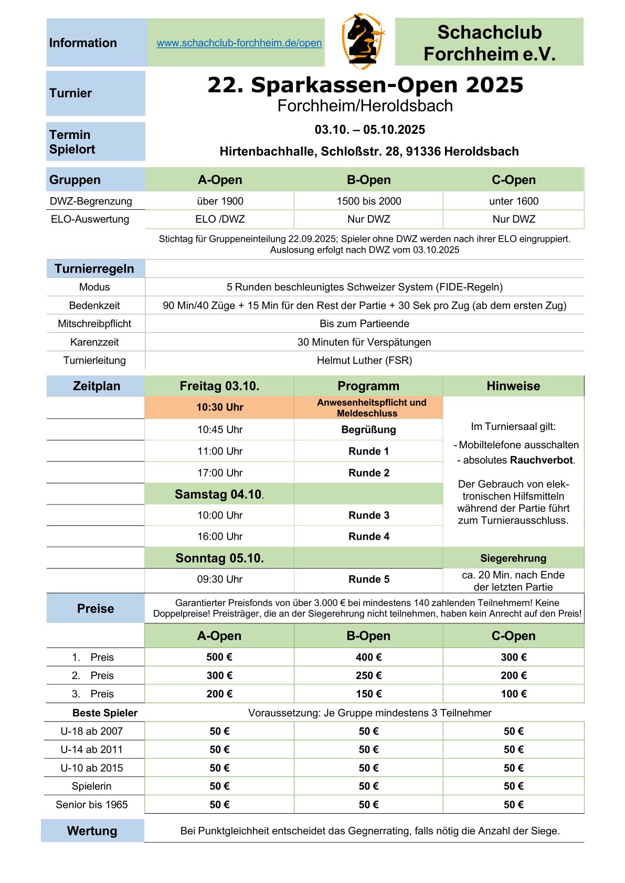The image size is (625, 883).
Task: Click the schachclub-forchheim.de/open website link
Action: pos(239,43)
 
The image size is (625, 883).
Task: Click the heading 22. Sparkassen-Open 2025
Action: pos(365,85)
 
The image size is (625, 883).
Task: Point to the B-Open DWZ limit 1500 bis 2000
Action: pos(368,201)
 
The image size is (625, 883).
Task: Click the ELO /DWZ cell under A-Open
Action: pos(220,219)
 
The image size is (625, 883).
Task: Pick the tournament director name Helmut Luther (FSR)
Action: pos(364,360)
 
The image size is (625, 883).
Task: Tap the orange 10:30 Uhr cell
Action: pos(219,407)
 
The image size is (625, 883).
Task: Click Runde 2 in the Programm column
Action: pos(368,472)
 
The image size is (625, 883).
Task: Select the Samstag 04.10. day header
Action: pos(219,494)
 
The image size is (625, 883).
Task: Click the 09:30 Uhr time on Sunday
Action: pos(219,579)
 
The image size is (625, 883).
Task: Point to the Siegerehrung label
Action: pos(513,558)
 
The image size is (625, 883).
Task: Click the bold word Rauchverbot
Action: pos(541,460)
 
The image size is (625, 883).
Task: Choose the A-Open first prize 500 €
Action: pos(219,657)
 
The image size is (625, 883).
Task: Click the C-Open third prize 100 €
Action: pos(513,694)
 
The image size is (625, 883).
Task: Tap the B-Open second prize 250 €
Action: pos(368,675)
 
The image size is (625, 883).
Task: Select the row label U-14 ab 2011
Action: pos(91,749)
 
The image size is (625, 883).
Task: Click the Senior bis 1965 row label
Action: pos(91,804)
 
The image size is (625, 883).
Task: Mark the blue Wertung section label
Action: pos(92,831)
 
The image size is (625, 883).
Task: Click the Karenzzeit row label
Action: pos(94,342)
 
